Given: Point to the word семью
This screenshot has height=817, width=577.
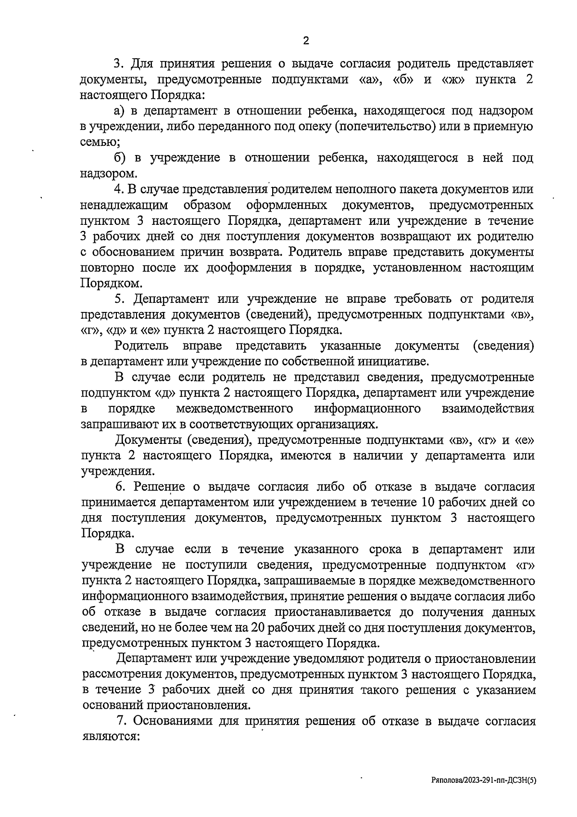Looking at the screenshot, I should click(x=100, y=143).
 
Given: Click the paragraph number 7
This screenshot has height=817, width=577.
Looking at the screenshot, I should click(x=121, y=721).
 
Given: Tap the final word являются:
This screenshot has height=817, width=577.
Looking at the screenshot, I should click(x=111, y=737).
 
